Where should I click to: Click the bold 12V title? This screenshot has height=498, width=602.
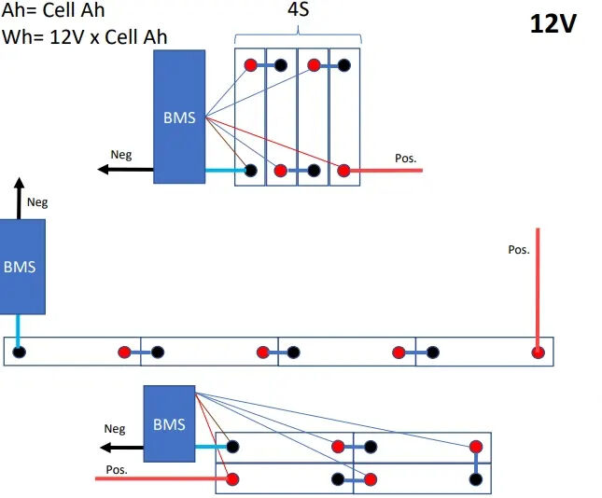[553, 24]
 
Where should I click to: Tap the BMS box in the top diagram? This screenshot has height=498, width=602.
[179, 117]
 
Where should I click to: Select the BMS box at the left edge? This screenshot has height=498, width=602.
[21, 266]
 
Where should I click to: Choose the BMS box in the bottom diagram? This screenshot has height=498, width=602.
[169, 424]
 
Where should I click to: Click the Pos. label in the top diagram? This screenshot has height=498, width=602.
[405, 159]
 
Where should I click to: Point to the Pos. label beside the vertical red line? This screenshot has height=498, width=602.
[518, 250]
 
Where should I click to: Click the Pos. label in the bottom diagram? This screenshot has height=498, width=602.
[117, 469]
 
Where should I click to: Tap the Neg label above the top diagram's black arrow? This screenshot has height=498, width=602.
[120, 156]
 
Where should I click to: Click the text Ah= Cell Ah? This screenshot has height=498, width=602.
[53, 10]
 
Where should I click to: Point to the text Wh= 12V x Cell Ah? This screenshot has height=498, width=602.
[85, 36]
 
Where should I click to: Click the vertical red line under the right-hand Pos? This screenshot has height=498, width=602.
[538, 289]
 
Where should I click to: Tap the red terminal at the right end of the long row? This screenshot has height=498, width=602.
[538, 352]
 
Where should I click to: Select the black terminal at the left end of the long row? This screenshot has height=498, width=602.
[19, 352]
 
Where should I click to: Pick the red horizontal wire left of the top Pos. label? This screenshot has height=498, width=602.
[387, 171]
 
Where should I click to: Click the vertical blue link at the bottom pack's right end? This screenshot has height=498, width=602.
[476, 463]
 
